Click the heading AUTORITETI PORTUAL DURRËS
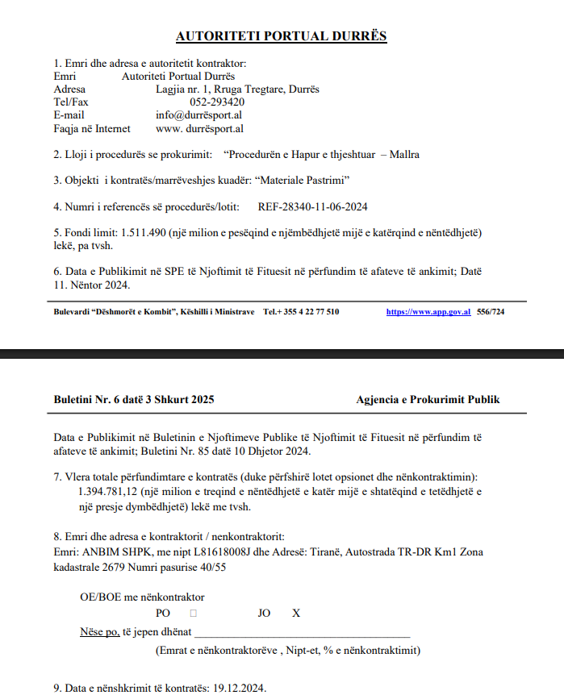point(282,36)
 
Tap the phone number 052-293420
point(217,102)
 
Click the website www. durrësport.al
point(199,128)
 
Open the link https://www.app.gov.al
point(428,311)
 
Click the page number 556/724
point(491,311)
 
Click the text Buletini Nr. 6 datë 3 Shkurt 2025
point(134,399)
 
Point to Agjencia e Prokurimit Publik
point(428,399)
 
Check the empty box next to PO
point(193,614)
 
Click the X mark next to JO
point(296,614)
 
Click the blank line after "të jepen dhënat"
point(303,632)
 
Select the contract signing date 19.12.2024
point(239,688)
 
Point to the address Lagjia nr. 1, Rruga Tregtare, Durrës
point(237,89)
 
